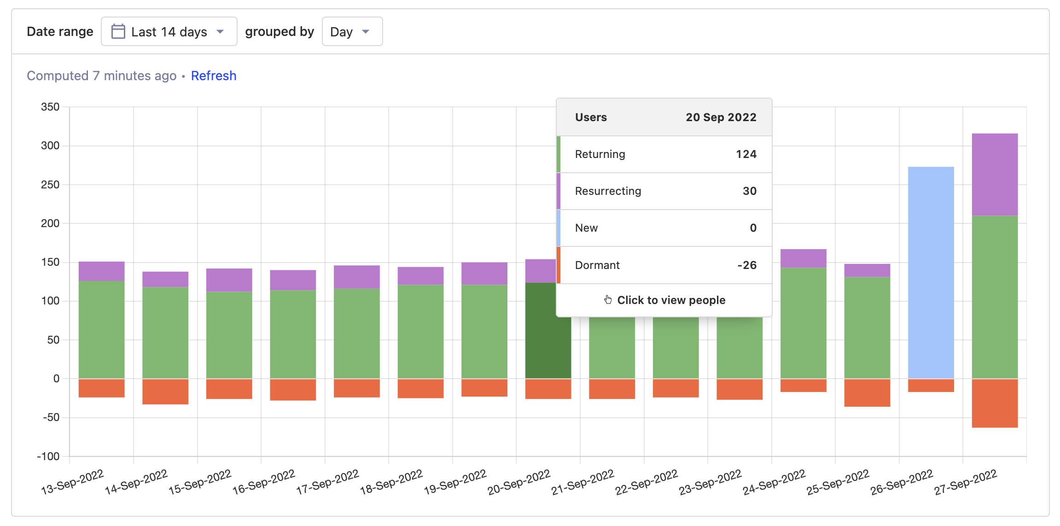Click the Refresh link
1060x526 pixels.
click(214, 76)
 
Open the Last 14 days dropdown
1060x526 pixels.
click(169, 32)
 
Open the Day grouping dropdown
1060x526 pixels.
click(352, 32)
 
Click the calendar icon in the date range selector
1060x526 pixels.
click(118, 32)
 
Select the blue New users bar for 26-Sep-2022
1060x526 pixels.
click(931, 272)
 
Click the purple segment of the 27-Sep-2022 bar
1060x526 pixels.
click(995, 174)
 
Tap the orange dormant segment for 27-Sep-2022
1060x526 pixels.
click(995, 403)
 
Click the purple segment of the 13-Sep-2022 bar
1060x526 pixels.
click(101, 271)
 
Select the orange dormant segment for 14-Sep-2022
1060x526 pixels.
click(165, 392)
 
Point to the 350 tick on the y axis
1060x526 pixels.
click(50, 107)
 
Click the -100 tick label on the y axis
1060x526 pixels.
click(48, 456)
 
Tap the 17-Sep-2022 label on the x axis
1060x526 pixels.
click(327, 482)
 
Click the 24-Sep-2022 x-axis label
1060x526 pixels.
click(774, 482)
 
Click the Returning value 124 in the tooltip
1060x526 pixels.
click(746, 154)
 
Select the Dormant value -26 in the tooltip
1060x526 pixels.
click(746, 265)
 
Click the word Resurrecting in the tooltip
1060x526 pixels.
click(608, 191)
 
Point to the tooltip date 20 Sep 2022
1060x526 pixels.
click(721, 117)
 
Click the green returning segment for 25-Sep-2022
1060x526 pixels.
click(867, 327)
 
